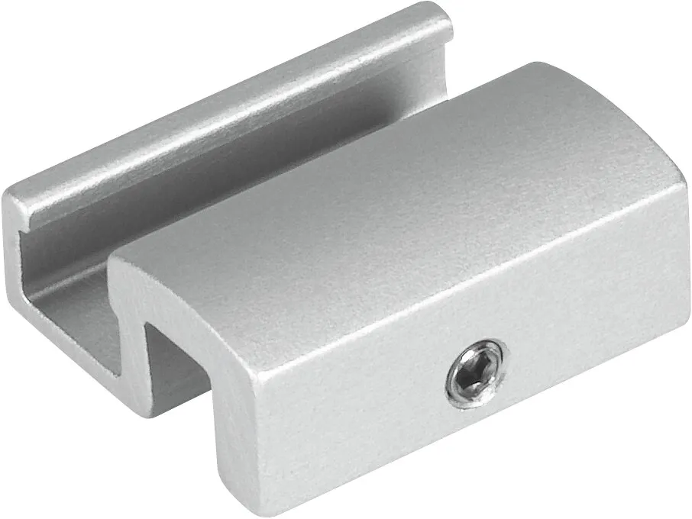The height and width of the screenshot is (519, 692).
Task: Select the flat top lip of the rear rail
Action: point(229,114)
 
